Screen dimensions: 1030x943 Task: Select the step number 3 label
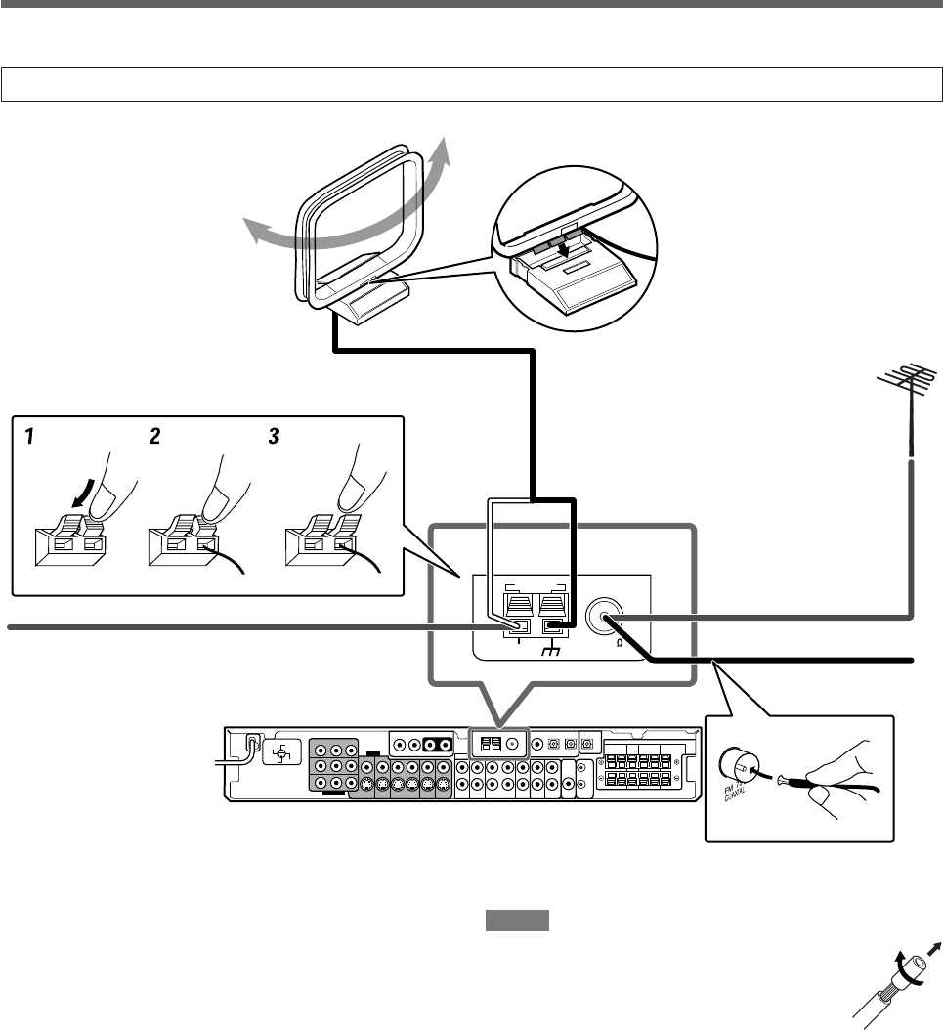pos(275,438)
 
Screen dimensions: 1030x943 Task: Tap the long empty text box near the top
pos(471,85)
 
